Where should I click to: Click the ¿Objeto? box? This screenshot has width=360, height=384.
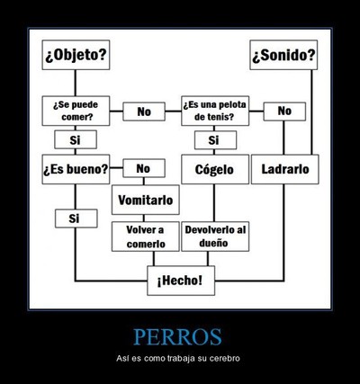[76, 55]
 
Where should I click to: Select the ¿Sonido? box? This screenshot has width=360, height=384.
[283, 55]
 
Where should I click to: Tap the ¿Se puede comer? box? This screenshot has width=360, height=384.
[76, 111]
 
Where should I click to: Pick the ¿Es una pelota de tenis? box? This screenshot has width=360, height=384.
[215, 111]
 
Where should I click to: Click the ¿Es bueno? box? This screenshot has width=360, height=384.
[76, 169]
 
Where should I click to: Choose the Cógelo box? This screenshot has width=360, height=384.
[215, 169]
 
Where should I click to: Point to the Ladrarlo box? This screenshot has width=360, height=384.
[285, 169]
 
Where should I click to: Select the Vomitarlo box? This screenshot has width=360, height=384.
[146, 200]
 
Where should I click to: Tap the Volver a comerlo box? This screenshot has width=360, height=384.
[146, 237]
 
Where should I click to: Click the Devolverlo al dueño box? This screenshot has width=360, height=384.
[215, 237]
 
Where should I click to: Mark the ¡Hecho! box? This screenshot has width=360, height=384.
[181, 281]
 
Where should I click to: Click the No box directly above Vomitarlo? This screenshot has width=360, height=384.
[144, 168]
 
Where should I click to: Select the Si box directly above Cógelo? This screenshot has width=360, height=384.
[215, 140]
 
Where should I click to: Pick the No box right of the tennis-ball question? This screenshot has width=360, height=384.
[284, 112]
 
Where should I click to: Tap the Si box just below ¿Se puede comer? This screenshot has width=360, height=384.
[76, 139]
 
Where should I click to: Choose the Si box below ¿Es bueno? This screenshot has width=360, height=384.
[76, 219]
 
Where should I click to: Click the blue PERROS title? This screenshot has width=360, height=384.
[177, 337]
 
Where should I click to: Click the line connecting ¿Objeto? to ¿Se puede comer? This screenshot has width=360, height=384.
[75, 83]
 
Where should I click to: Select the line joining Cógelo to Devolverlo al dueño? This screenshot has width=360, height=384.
[214, 203]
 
